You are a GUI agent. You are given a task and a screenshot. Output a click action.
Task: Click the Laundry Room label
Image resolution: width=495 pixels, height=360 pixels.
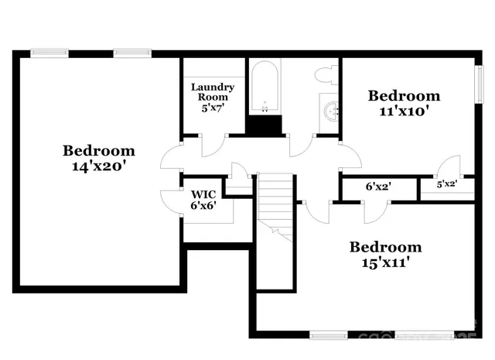pyautogui.click(x=213, y=91)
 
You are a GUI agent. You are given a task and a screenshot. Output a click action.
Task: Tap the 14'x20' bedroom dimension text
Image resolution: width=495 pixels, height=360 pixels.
pyautogui.click(x=98, y=165)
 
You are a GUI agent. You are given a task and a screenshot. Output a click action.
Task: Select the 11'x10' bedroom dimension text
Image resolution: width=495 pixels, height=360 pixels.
pyautogui.click(x=404, y=110)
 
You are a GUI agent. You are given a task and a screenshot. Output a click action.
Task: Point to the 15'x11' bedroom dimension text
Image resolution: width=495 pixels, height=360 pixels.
pyautogui.click(x=385, y=262)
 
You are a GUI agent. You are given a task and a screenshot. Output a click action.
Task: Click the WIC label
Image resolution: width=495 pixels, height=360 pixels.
pyautogui.click(x=203, y=194)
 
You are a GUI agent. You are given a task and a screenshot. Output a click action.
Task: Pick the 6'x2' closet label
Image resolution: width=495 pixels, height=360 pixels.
pyautogui.click(x=378, y=187)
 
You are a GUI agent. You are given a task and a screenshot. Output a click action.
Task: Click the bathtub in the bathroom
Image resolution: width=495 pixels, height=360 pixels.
pyautogui.click(x=264, y=87)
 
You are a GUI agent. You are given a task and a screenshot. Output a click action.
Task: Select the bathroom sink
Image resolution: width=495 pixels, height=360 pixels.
pyautogui.click(x=331, y=110)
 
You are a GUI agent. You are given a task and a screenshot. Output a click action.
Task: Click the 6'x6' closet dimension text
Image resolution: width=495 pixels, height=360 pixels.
pyautogui.click(x=203, y=206)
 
